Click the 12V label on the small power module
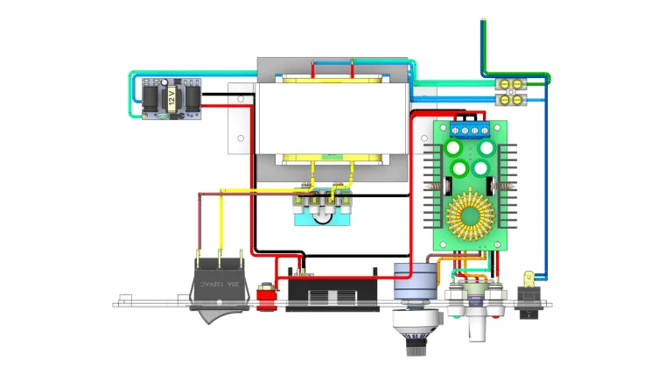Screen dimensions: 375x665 click(x=172, y=96)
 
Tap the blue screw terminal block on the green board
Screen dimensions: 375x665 click(x=467, y=131)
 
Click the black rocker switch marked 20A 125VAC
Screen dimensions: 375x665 click(x=215, y=286)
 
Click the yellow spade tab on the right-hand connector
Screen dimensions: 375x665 click(x=528, y=280)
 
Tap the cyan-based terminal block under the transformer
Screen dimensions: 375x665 click(x=323, y=211)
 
